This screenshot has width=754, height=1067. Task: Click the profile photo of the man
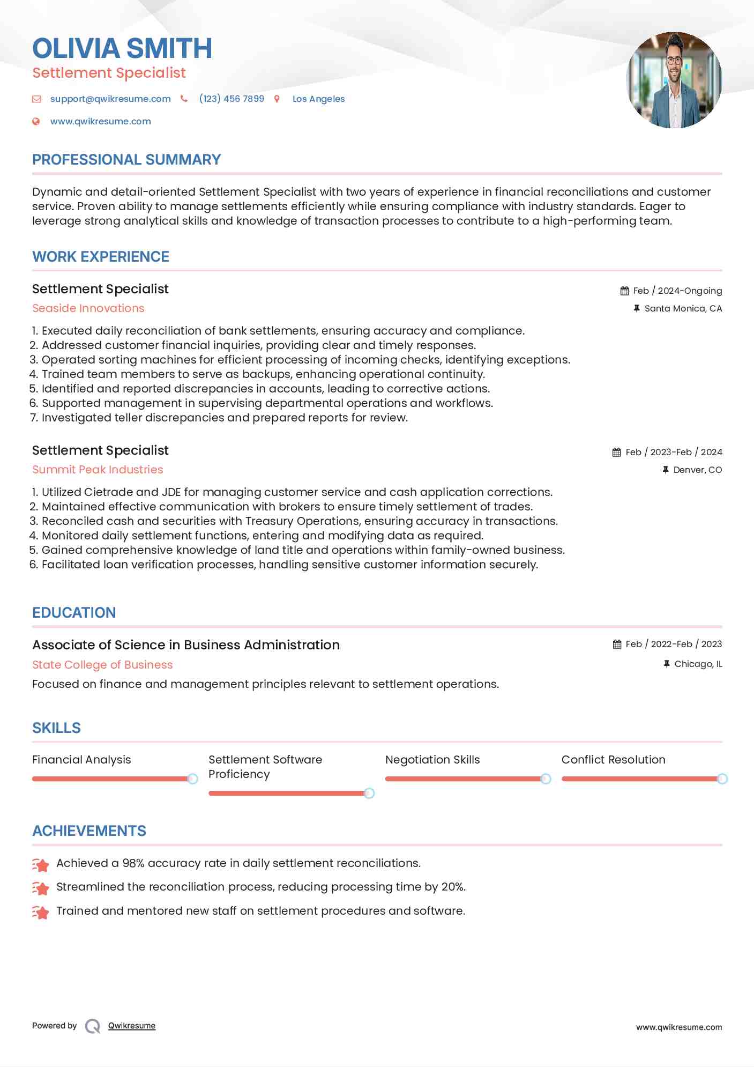pos(674,80)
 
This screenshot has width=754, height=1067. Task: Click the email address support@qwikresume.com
pos(110,99)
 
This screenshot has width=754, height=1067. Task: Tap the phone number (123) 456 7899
pos(232,99)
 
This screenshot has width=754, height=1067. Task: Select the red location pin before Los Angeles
pos(277,99)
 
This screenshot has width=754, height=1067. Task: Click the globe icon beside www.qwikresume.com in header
pos(36,122)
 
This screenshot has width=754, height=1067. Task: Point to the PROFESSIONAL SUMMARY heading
pos(126,160)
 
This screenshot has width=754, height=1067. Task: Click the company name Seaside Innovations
pos(88,308)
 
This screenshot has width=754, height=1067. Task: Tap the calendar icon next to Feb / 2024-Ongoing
pos(624,291)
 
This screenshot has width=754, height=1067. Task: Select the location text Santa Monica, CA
pos(683,309)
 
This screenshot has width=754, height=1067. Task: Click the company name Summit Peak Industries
pos(98,470)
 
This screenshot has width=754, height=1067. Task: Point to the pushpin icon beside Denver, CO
pos(665,470)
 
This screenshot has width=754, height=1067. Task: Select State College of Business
pos(102,665)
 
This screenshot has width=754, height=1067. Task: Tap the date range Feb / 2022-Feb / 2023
pos(674,644)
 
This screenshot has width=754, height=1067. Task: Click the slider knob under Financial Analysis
pos(192,779)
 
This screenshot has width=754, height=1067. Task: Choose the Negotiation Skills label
pos(432,760)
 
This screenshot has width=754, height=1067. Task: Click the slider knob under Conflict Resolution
pos(722,779)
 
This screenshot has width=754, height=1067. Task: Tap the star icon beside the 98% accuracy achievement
pos(41,864)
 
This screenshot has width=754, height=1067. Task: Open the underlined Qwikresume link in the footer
pos(132,1026)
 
